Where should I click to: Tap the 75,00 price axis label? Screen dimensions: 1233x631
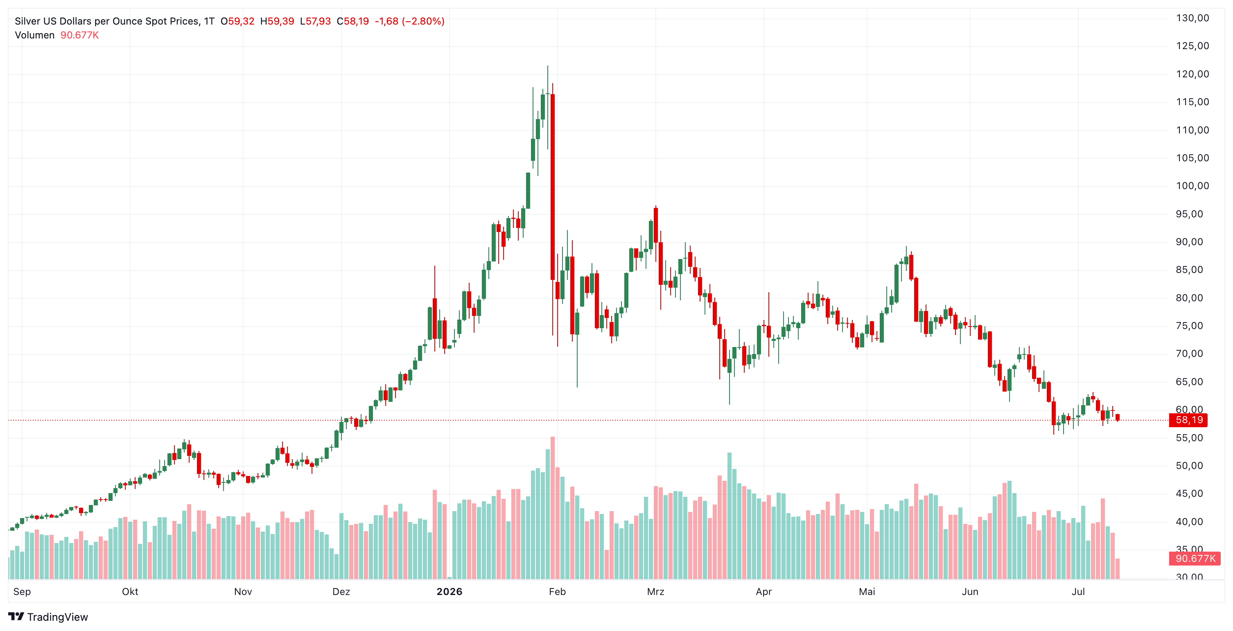[1189, 326]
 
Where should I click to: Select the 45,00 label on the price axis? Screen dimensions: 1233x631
[1189, 494]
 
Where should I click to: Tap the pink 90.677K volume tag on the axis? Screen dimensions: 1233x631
[1195, 558]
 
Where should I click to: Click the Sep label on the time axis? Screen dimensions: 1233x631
[22, 592]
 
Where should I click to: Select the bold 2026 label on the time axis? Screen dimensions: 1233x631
[449, 592]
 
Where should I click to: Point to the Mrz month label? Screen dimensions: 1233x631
[655, 592]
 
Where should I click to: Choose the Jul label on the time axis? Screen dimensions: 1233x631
[1078, 592]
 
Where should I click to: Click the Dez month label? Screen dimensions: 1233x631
[341, 592]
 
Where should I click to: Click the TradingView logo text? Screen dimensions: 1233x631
[57, 617]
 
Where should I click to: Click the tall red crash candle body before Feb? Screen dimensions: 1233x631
[553, 187]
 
